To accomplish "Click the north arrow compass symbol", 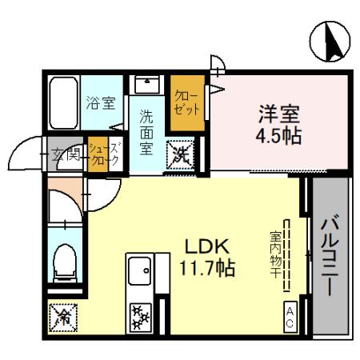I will tap(330, 42).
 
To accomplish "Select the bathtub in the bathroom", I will tap(62, 103).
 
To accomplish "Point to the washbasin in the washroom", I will tap(146, 86).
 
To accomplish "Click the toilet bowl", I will tap(64, 262).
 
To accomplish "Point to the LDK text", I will tap(206, 246).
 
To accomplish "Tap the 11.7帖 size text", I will tap(206, 268).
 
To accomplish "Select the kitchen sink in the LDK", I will tap(140, 270).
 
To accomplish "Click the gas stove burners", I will tap(141, 314).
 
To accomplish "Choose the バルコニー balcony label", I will tap(330, 256).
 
